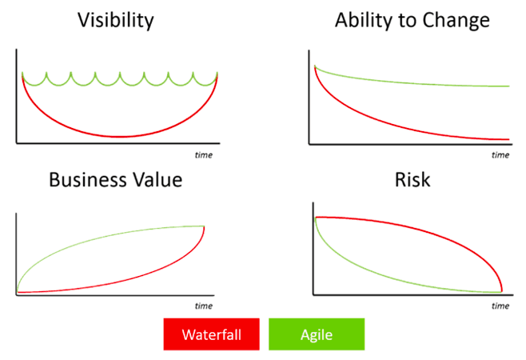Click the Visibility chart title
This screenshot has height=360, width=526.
coord(116,21)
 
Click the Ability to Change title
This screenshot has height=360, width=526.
coord(412,21)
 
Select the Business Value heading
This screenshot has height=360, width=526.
coord(116,179)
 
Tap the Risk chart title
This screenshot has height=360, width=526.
coord(412,179)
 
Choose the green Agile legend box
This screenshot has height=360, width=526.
coord(316,334)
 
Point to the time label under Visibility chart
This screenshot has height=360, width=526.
coord(204,154)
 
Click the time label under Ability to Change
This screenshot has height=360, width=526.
coord(500,154)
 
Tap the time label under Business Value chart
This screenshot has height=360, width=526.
coord(204,306)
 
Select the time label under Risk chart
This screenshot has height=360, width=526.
coord(500,306)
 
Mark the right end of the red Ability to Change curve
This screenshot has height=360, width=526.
coord(508,139)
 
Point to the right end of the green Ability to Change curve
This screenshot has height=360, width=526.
coord(508,86)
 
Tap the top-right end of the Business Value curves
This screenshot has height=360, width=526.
coord(203,226)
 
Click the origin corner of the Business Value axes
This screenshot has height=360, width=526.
coord(16,294)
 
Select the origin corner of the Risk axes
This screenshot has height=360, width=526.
coord(313,294)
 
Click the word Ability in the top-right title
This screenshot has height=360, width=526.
coord(365,21)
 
